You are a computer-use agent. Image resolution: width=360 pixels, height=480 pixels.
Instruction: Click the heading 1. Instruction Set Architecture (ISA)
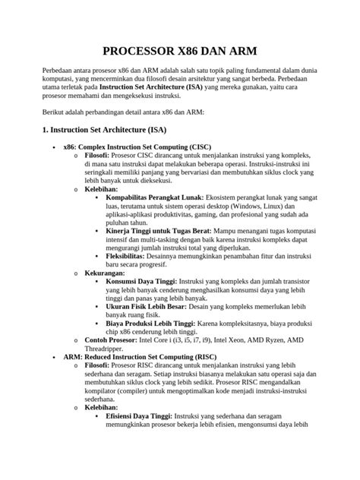coord(104,130)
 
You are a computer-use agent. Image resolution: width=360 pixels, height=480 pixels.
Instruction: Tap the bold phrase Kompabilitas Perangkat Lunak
coord(155,197)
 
